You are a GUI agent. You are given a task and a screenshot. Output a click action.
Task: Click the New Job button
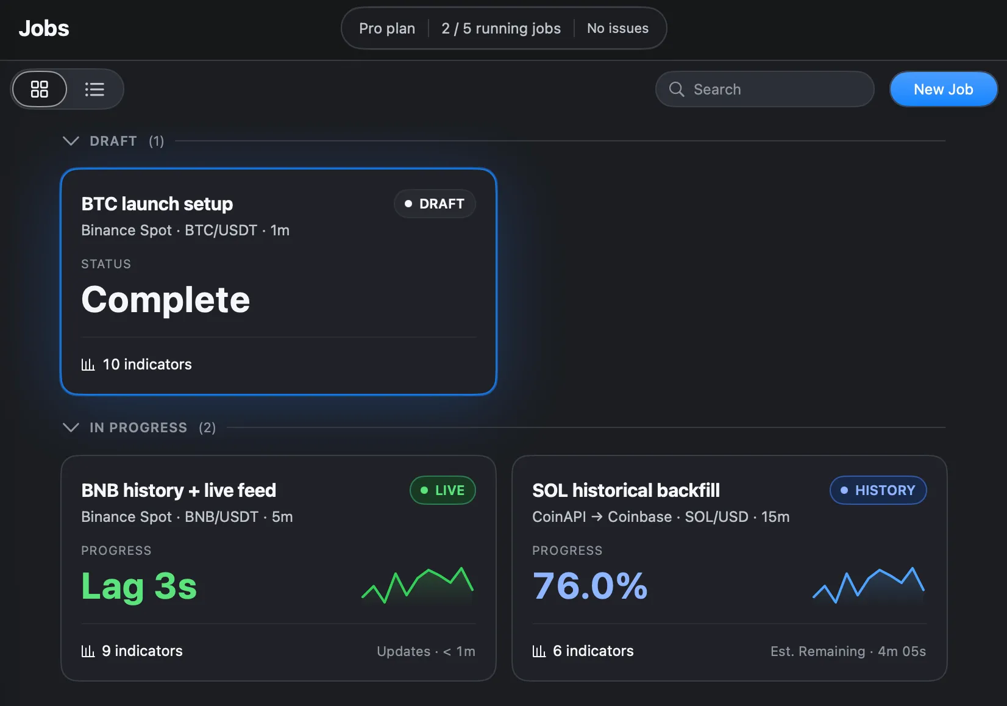coord(943,89)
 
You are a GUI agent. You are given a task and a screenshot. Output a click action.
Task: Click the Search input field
coord(764,89)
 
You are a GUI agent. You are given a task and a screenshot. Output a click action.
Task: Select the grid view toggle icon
coord(40,89)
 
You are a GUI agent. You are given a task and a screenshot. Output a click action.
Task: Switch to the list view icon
coord(94,89)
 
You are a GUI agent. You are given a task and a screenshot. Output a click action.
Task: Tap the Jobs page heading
coord(44,28)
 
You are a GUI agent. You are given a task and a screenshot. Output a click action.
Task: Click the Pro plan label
coord(386,28)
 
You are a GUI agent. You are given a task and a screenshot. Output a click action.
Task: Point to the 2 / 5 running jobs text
coord(501,28)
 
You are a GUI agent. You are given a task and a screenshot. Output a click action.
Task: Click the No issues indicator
coord(617,28)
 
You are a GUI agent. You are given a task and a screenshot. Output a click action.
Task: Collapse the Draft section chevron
coord(71,141)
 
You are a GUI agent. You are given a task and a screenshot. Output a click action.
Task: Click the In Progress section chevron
coord(71,427)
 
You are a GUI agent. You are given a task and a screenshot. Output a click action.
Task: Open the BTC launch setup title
coord(157,204)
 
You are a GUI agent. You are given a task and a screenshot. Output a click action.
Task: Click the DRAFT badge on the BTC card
coord(434,204)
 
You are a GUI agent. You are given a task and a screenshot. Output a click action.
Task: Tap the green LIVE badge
coord(443,490)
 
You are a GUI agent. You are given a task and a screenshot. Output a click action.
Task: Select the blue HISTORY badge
coord(878,490)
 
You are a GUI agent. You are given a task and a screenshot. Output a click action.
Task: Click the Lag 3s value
coord(139,586)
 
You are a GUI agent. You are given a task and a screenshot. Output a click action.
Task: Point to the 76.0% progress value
coord(590,585)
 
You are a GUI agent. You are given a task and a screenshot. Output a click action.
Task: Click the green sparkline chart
coord(418,585)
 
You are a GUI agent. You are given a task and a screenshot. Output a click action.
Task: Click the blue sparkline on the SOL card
coord(869,585)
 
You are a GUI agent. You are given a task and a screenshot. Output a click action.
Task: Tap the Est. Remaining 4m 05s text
coord(848,651)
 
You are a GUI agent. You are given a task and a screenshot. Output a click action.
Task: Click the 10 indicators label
coord(136,364)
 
